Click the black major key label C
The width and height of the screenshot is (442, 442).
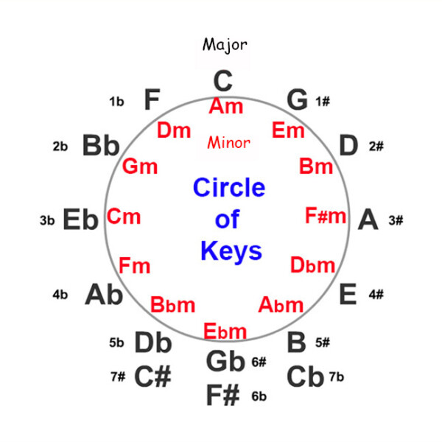pos(223,80)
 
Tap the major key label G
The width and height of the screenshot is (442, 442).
pos(297,100)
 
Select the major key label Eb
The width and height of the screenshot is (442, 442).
pos(80,220)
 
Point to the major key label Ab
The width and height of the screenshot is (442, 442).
pos(104,295)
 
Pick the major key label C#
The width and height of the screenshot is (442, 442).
pos(152,376)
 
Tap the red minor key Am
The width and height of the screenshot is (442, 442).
pos(225,106)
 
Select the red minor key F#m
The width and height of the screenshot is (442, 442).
pos(326,217)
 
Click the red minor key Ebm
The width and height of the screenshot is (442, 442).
pos(225,331)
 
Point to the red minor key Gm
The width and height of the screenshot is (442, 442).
pos(140,166)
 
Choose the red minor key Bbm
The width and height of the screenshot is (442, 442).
pos(172,304)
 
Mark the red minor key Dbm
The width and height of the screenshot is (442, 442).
pos(312,264)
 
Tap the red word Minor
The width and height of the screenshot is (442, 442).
pos(228,142)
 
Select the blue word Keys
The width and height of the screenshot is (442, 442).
pos(231,251)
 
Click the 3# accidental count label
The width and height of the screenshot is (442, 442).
pos(396,220)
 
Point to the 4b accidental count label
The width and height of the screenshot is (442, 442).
pos(60,295)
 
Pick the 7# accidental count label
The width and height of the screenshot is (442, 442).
pos(118,376)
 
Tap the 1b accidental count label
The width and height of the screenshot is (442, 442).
pos(116,102)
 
